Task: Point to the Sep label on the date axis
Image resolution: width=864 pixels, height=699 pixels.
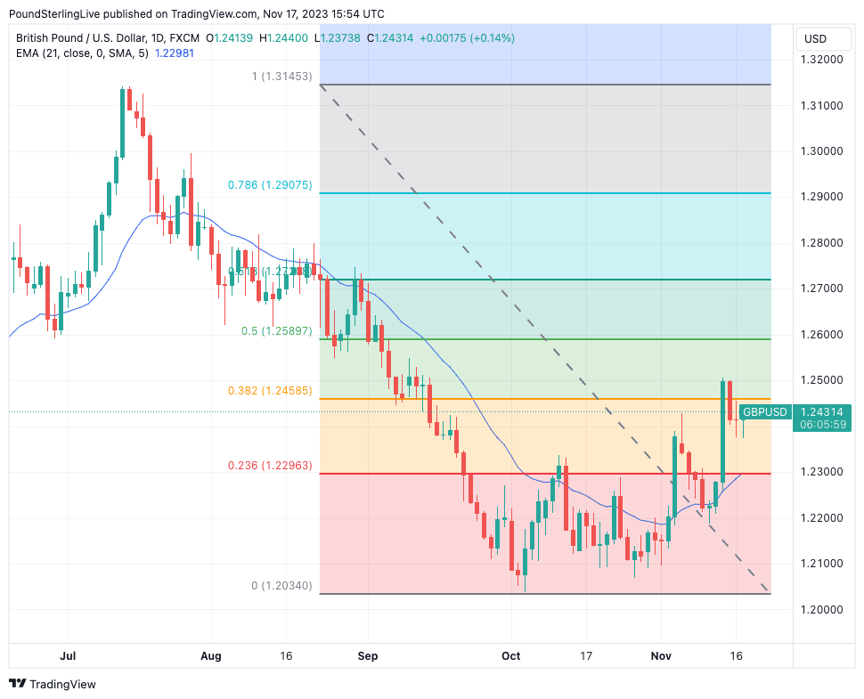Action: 367,656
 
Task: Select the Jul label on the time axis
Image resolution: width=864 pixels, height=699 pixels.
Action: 68,656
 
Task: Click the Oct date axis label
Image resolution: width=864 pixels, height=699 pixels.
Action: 511,656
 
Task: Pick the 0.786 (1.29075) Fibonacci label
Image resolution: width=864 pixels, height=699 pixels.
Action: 269,185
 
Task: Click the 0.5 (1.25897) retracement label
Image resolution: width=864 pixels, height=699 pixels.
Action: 276,330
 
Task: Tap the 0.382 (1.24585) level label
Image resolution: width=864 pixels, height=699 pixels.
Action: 269,390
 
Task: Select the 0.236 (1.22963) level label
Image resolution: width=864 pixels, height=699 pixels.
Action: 269,465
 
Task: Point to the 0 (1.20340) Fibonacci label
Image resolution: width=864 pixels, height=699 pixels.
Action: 281,586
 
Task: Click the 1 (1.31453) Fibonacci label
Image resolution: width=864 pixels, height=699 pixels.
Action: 281,77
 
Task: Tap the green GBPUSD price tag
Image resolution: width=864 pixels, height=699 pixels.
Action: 766,411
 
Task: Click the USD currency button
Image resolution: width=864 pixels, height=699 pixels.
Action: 815,39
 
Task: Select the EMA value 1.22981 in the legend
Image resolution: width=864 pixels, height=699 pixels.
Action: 175,53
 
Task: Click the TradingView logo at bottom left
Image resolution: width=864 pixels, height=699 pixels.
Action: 53,684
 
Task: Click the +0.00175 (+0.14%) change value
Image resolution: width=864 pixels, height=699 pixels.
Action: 467,38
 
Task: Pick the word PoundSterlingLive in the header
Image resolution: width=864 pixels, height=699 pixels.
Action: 53,14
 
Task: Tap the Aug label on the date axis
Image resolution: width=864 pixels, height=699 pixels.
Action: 210,656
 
